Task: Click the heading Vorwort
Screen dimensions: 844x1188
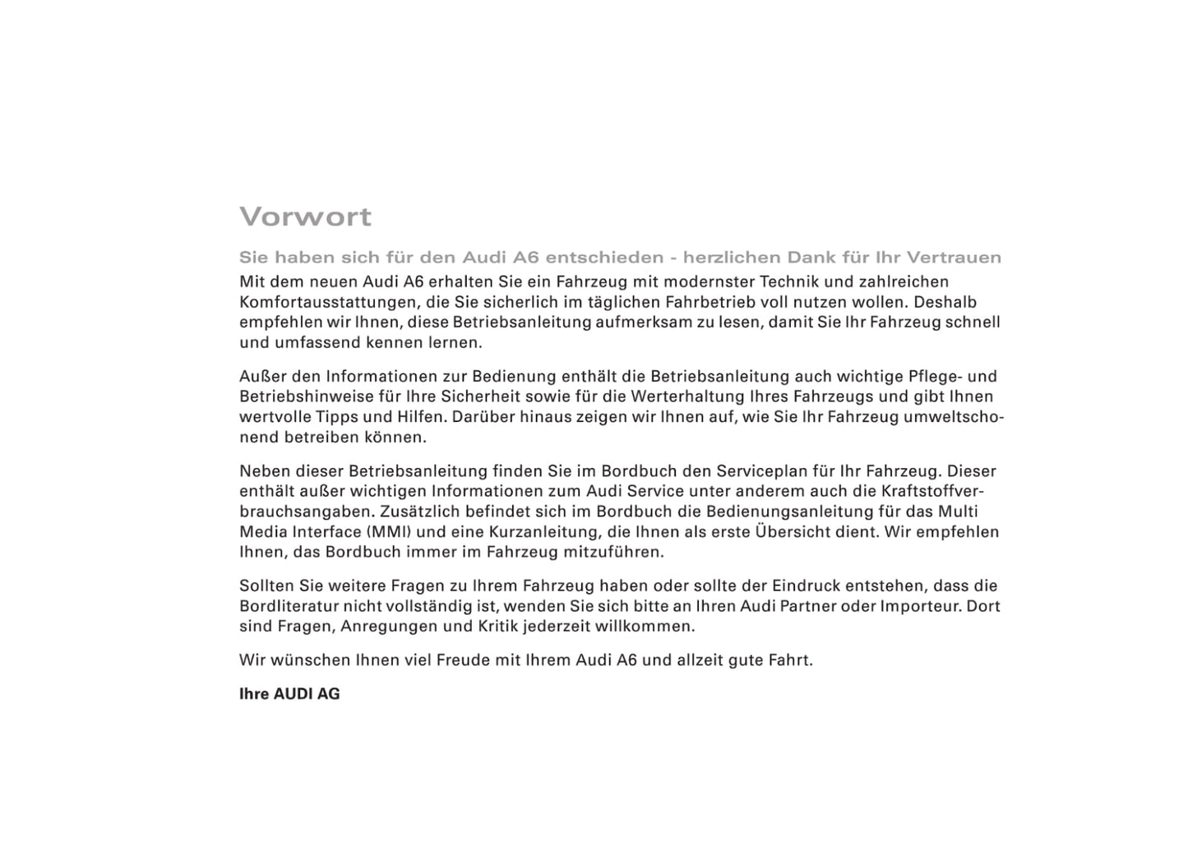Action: tap(305, 217)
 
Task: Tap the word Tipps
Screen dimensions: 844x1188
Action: tap(337, 417)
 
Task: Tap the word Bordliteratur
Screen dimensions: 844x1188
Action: tap(287, 606)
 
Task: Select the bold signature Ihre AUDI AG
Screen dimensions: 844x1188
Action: tap(289, 694)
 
